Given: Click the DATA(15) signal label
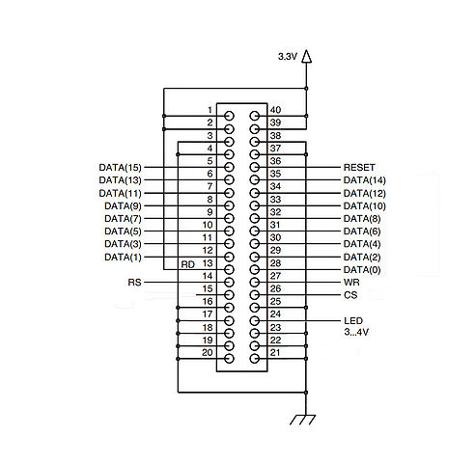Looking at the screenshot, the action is pyautogui.click(x=120, y=168).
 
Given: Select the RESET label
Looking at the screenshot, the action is pyautogui.click(x=359, y=168).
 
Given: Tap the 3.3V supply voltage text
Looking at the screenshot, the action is pyautogui.click(x=288, y=57).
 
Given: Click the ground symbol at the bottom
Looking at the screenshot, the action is pyautogui.click(x=302, y=420).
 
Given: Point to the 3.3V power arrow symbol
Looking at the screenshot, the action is pyautogui.click(x=306, y=56).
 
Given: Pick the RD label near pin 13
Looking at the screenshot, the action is pyautogui.click(x=188, y=264).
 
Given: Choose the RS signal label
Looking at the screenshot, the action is pyautogui.click(x=134, y=283).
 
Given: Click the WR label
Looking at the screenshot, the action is pyautogui.click(x=351, y=283).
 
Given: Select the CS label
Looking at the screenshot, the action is pyautogui.click(x=350, y=295).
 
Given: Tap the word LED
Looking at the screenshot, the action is pyautogui.click(x=353, y=320).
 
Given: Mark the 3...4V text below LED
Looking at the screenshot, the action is pyautogui.click(x=356, y=332).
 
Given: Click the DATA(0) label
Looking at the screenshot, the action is pyautogui.click(x=362, y=270).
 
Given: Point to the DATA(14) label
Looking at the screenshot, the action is pyautogui.click(x=365, y=180).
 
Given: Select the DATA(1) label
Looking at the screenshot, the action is pyautogui.click(x=123, y=258).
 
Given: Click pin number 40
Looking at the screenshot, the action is pyautogui.click(x=275, y=110).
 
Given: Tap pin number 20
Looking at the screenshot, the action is pyautogui.click(x=208, y=353).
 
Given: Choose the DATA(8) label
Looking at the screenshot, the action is pyautogui.click(x=362, y=219).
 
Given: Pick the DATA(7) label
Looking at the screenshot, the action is pyautogui.click(x=123, y=219).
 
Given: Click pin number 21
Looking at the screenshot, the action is pyautogui.click(x=275, y=353).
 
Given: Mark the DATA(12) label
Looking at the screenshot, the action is pyautogui.click(x=365, y=194).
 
